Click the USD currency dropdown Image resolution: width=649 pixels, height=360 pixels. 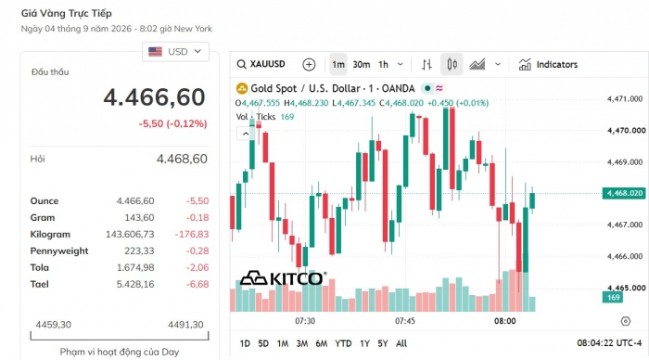(175, 52)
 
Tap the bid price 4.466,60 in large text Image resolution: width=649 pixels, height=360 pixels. (155, 97)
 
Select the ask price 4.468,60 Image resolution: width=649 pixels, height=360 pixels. (182, 159)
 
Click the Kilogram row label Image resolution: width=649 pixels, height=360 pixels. (50, 235)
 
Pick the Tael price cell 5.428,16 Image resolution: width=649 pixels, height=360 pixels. (135, 284)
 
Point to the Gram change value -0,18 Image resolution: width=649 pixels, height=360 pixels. (197, 217)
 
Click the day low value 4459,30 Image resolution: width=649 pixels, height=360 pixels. (54, 325)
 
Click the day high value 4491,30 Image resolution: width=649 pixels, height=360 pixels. (185, 325)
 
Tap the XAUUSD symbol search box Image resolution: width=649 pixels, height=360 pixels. (261, 64)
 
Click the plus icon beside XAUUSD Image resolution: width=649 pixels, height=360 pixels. (309, 65)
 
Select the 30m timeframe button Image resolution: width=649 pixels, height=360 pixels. (362, 65)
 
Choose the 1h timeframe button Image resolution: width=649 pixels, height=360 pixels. (383, 65)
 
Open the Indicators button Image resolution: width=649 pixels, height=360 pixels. (548, 65)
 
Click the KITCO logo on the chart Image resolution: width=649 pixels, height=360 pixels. (283, 278)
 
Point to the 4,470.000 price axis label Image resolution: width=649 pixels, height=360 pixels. (626, 131)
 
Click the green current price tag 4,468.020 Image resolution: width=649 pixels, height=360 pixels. (625, 193)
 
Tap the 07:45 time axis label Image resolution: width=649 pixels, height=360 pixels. (405, 321)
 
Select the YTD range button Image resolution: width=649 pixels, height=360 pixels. (343, 343)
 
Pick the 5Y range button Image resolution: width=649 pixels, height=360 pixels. (382, 343)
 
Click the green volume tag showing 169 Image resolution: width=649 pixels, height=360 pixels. (614, 298)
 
